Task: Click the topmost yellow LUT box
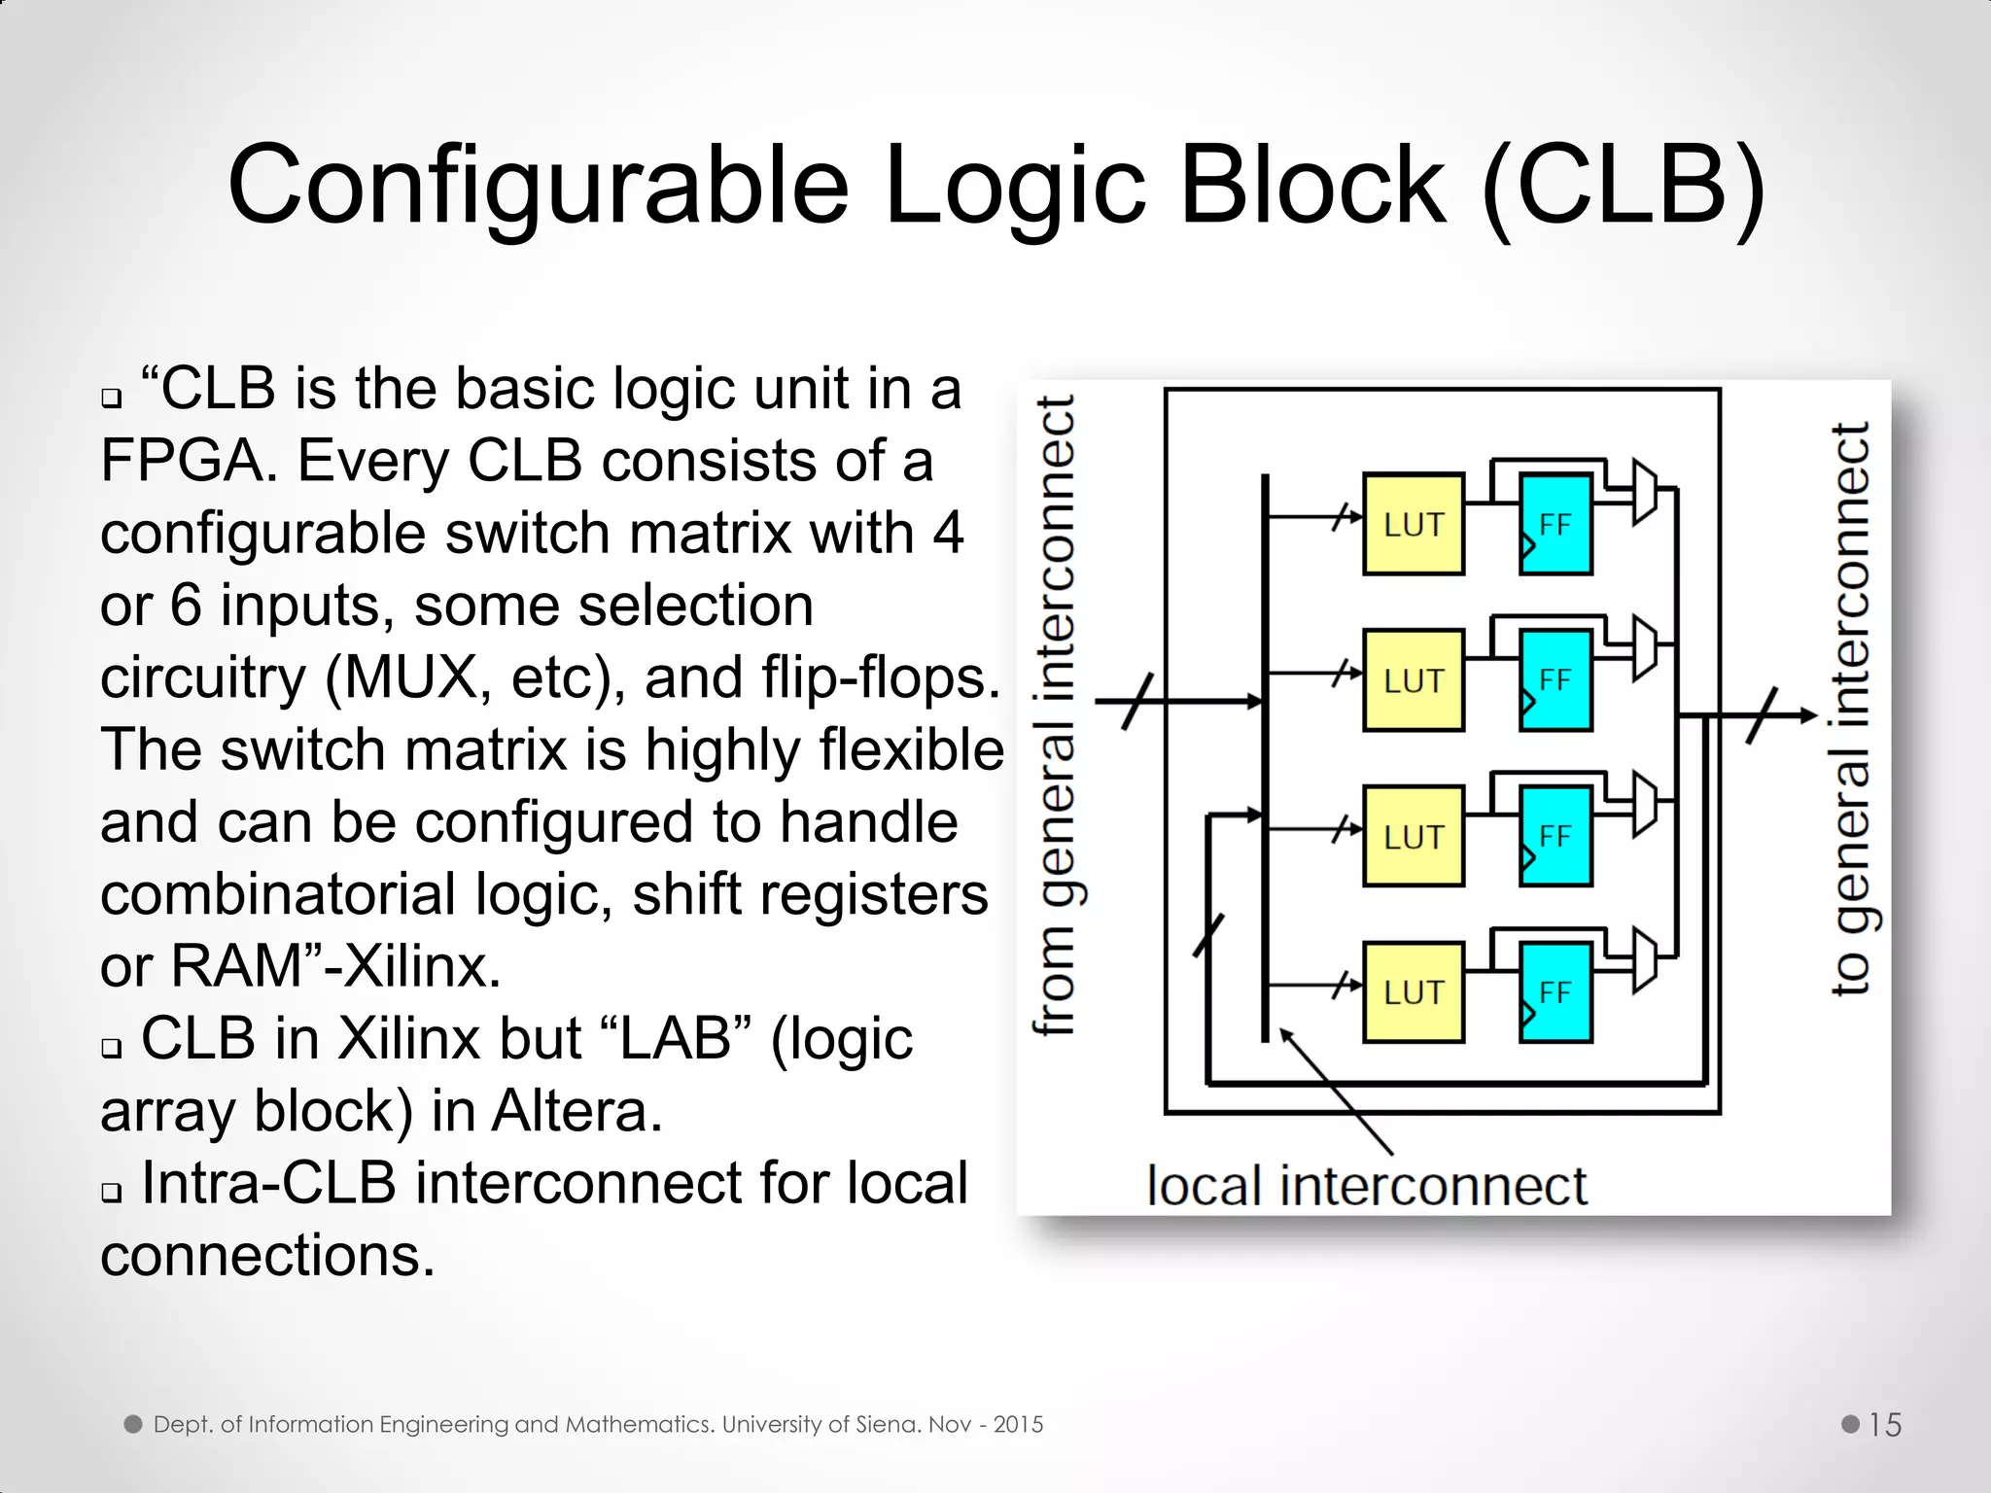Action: [1413, 524]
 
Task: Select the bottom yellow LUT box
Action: [1413, 991]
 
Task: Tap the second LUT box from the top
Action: [1413, 679]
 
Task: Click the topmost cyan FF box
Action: [1555, 524]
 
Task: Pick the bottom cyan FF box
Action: [1555, 991]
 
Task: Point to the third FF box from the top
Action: [1555, 836]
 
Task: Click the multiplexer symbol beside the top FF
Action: [1644, 491]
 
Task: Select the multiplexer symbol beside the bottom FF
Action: [1644, 960]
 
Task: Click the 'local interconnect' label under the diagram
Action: [1366, 1187]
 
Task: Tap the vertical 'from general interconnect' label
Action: [1057, 714]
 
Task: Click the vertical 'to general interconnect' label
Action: [1851, 710]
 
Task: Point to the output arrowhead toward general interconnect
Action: [1809, 715]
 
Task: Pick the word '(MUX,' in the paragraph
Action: [408, 677]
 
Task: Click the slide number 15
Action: [1884, 1425]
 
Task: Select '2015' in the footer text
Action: [1018, 1425]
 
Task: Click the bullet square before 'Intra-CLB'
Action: [112, 1193]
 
